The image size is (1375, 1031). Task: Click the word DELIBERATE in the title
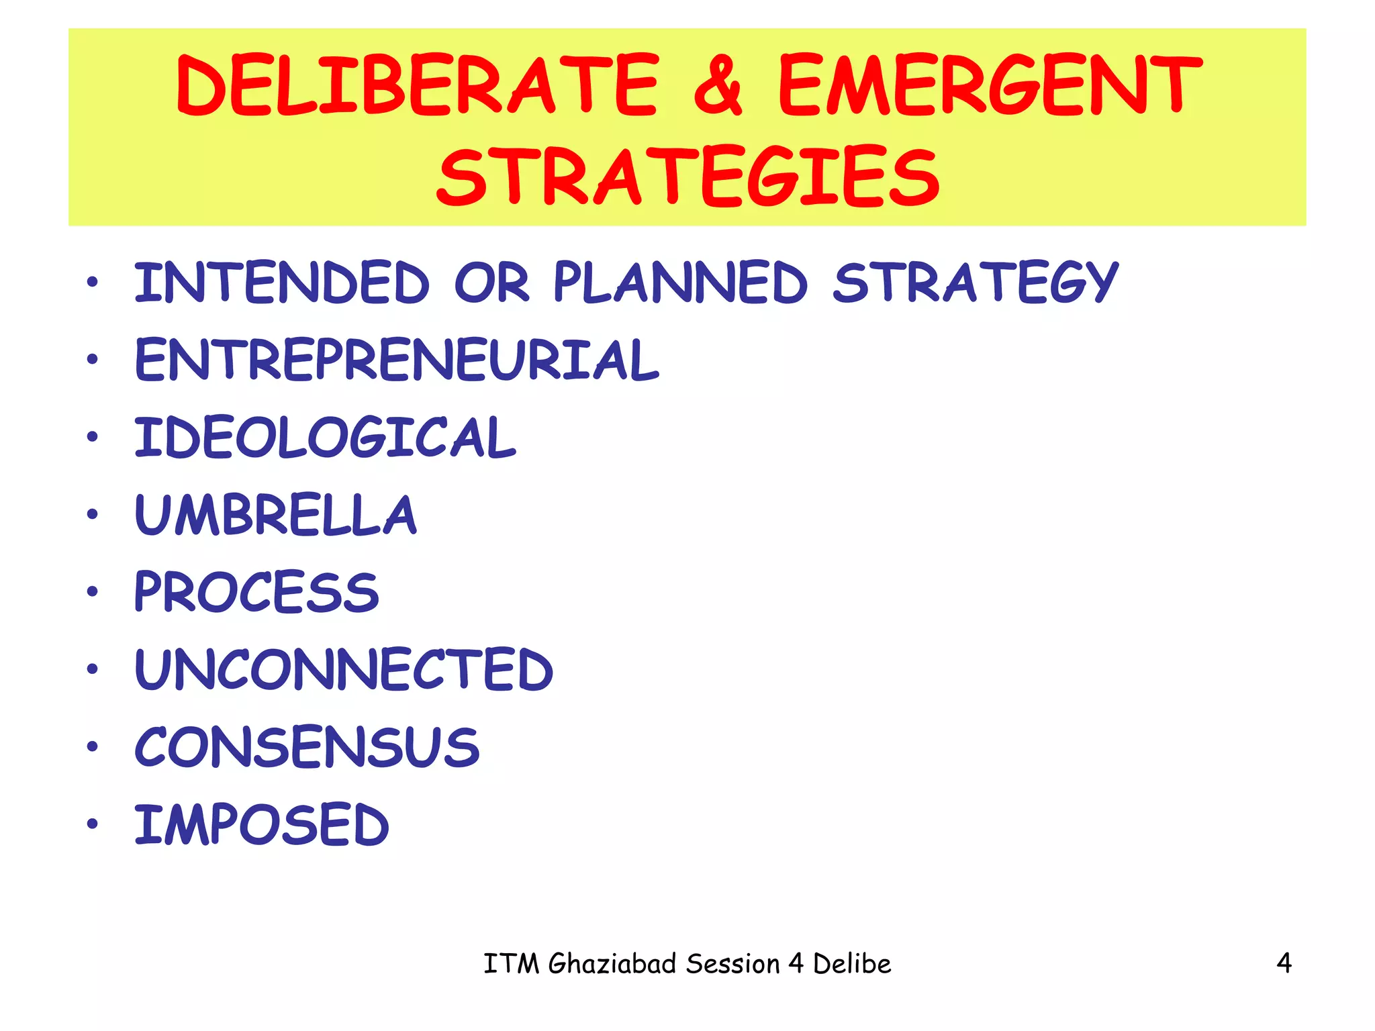[x=417, y=85]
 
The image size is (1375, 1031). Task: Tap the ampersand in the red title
[x=718, y=85]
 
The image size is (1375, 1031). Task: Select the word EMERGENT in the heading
[x=990, y=85]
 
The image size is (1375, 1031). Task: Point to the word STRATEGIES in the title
[x=687, y=177]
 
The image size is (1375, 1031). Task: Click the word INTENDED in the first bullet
[x=282, y=283]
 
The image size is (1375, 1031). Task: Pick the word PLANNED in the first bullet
[x=680, y=283]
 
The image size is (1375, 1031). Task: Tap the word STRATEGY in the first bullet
[x=976, y=283]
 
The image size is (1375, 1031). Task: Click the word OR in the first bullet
[x=491, y=283]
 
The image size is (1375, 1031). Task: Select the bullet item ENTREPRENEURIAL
[x=397, y=360]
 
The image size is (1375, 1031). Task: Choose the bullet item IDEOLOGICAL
[x=326, y=438]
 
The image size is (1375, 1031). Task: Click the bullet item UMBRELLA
[x=276, y=515]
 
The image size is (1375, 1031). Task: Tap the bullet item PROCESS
[x=257, y=592]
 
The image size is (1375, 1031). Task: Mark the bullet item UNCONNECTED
[x=344, y=670]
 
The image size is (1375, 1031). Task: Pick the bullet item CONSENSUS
[x=307, y=747]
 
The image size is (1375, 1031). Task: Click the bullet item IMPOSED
[x=262, y=824]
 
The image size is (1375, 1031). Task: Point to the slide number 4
[x=1284, y=963]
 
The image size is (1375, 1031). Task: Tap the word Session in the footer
[x=733, y=964]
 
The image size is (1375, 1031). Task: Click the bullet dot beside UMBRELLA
[x=93, y=515]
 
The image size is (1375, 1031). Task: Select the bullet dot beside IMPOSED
[x=93, y=824]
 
